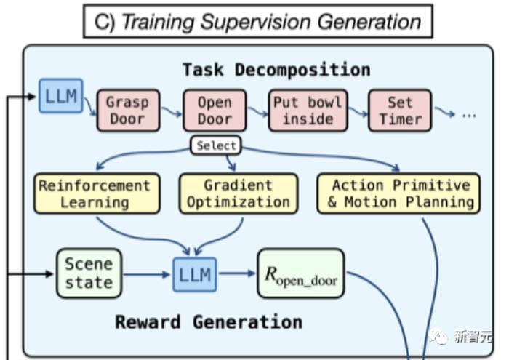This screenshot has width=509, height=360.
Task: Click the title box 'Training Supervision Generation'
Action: pyautogui.click(x=258, y=21)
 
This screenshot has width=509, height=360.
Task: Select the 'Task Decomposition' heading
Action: pyautogui.click(x=276, y=70)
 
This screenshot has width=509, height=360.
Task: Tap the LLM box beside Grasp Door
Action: pyautogui.click(x=61, y=96)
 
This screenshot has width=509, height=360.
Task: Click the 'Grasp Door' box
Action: pyautogui.click(x=128, y=111)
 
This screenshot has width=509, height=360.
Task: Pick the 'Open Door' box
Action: pyautogui.click(x=215, y=111)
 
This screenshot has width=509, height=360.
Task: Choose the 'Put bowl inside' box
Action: pyautogui.click(x=308, y=111)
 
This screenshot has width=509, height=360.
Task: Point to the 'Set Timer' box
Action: pyautogui.click(x=400, y=111)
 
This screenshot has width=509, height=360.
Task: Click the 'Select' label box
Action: pyautogui.click(x=216, y=145)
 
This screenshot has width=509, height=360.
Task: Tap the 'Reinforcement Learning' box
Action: pyautogui.click(x=97, y=193)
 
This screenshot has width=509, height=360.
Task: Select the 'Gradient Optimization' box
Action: pyautogui.click(x=239, y=193)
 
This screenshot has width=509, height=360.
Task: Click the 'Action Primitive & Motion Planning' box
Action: pyautogui.click(x=398, y=193)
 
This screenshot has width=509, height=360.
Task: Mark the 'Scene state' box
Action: pyautogui.click(x=89, y=273)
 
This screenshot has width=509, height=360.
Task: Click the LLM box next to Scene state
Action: pyautogui.click(x=195, y=274)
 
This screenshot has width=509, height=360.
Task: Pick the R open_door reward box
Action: pyautogui.click(x=301, y=273)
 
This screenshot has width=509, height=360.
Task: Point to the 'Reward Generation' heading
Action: pyautogui.click(x=209, y=322)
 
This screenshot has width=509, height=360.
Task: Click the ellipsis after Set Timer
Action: pyautogui.click(x=469, y=115)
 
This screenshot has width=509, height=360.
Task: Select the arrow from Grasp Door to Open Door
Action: pyautogui.click(x=172, y=111)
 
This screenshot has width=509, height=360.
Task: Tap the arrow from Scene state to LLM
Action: pyautogui.click(x=146, y=275)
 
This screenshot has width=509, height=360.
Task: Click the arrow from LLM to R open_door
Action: pyautogui.click(x=237, y=273)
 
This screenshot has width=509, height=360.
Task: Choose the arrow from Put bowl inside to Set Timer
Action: pyautogui.click(x=358, y=111)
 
